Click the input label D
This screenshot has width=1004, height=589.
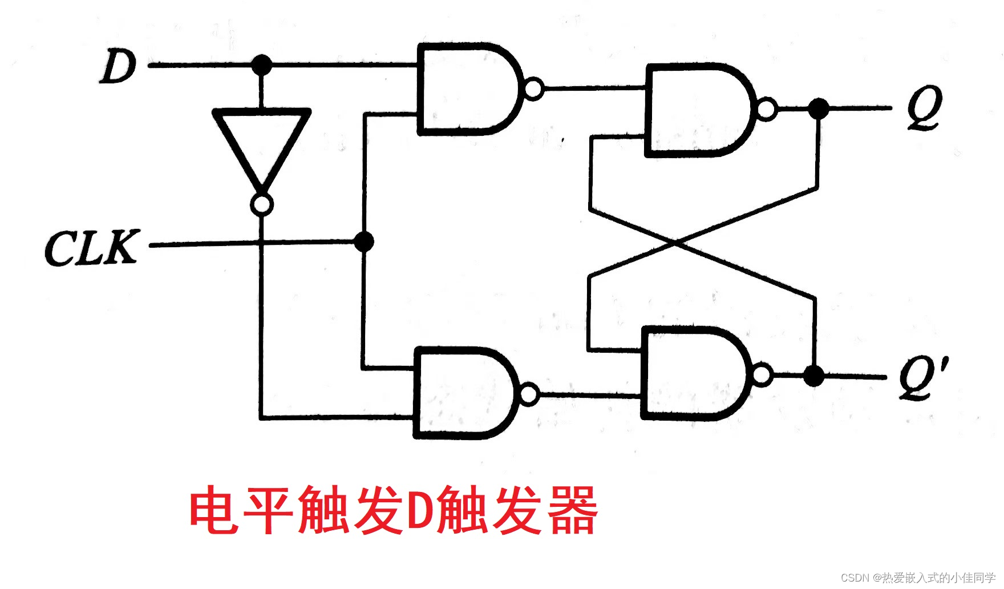point(119,67)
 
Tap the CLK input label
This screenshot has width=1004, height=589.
point(91,248)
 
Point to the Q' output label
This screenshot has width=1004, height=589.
point(923,377)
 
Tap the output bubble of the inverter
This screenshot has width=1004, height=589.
point(262,204)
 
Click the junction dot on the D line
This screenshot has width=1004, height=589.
point(262,64)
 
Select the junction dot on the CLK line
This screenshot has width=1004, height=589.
point(363,241)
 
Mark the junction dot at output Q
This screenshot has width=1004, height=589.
point(819,108)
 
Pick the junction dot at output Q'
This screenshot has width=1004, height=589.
point(814,376)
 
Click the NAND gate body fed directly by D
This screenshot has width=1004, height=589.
point(465,89)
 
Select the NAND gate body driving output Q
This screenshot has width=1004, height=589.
point(696,110)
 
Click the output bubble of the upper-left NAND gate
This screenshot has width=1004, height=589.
point(533,90)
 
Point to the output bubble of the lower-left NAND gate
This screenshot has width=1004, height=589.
point(529,394)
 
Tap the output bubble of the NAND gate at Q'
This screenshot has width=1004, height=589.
point(763,374)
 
